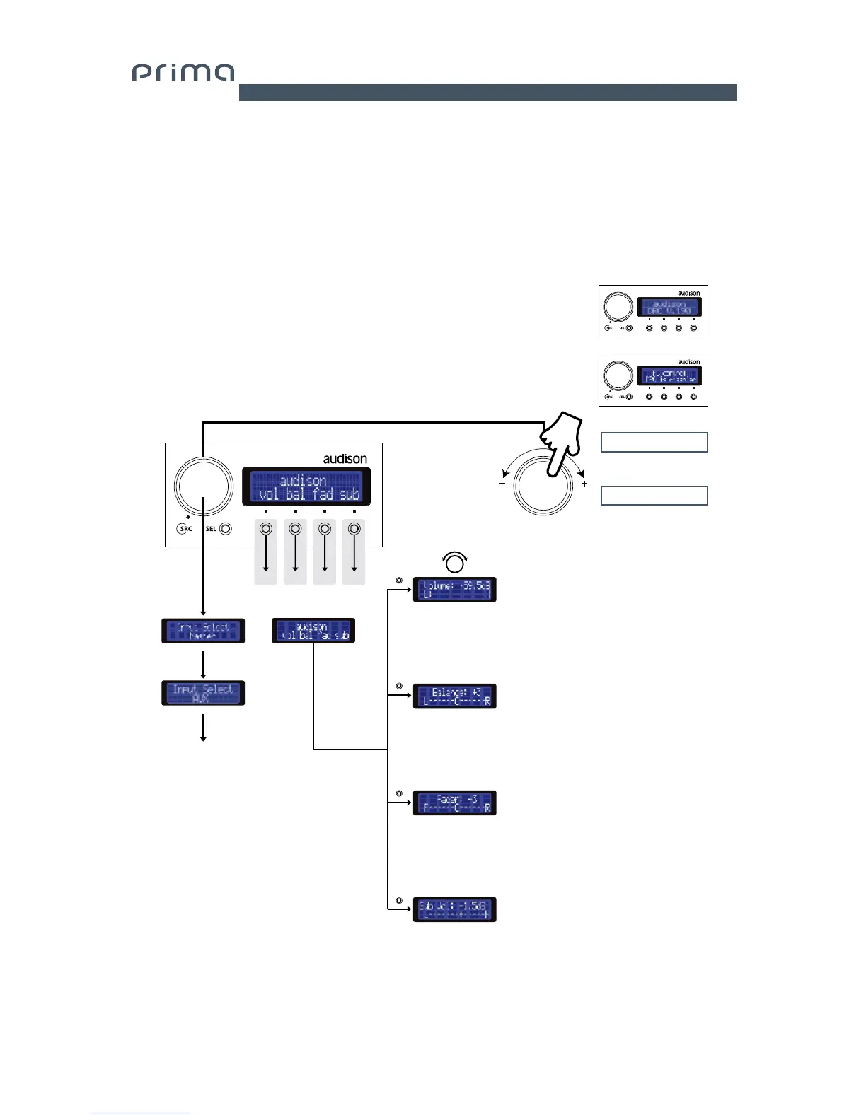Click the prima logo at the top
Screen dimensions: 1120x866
[x=183, y=73]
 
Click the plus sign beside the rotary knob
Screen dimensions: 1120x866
[x=584, y=484]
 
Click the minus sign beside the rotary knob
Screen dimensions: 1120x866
[x=502, y=484]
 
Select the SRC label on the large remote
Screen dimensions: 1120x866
[x=185, y=529]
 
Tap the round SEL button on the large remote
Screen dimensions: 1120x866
[x=226, y=529]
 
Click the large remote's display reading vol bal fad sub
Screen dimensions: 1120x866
[x=306, y=486]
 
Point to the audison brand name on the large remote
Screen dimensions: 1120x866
[x=345, y=459]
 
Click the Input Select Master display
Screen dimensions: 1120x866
[x=203, y=631]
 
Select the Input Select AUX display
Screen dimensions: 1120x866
[x=203, y=693]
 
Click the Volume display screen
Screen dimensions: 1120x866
[x=454, y=590]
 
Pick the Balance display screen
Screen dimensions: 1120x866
[x=454, y=696]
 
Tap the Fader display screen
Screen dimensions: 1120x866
[x=454, y=803]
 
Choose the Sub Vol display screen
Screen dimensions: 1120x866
[x=454, y=909]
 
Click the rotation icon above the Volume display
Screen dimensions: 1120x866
[x=454, y=562]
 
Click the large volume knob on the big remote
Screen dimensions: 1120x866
[x=203, y=486]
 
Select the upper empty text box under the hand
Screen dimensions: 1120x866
[x=654, y=442]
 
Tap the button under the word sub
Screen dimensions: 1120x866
[x=354, y=529]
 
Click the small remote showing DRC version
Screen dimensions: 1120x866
[x=653, y=311]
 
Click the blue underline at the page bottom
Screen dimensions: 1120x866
[x=140, y=1114]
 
